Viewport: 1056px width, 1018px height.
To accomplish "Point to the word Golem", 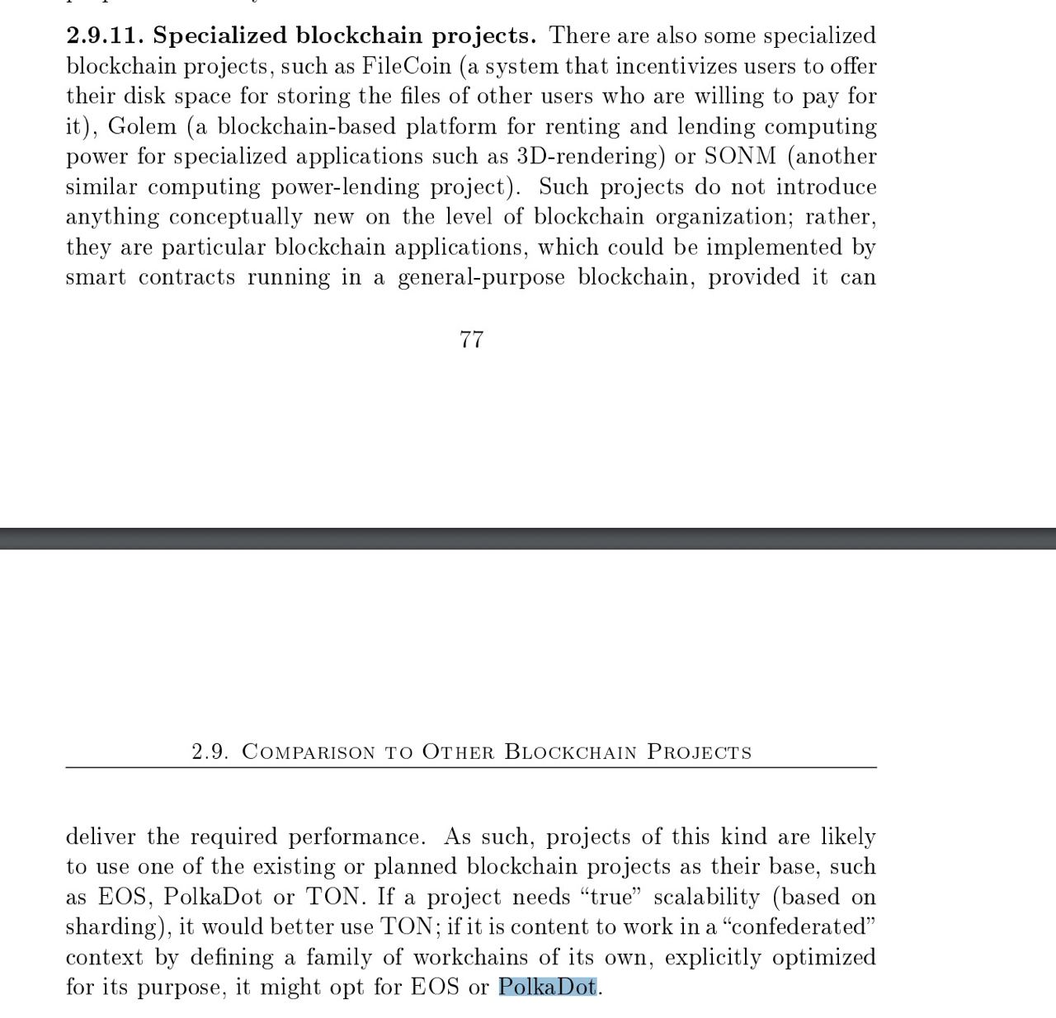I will pyautogui.click(x=142, y=126).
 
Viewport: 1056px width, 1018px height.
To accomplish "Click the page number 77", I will pyautogui.click(x=471, y=339).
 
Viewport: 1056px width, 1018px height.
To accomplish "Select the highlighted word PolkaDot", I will pyautogui.click(x=547, y=987).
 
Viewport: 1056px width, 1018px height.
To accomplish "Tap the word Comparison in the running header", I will pyautogui.click(x=309, y=752).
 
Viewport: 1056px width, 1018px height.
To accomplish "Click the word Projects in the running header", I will pyautogui.click(x=700, y=752).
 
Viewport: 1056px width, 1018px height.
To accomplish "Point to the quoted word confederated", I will pyautogui.click(x=798, y=926).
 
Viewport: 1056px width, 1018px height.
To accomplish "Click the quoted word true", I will pyautogui.click(x=611, y=897).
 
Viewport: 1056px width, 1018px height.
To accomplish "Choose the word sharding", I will pyautogui.click(x=111, y=927).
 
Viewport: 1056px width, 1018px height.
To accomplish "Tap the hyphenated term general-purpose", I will pyautogui.click(x=481, y=277).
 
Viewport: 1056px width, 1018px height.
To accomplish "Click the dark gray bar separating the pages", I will pyautogui.click(x=528, y=538).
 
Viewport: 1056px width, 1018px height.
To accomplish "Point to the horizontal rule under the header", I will pyautogui.click(x=471, y=767).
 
